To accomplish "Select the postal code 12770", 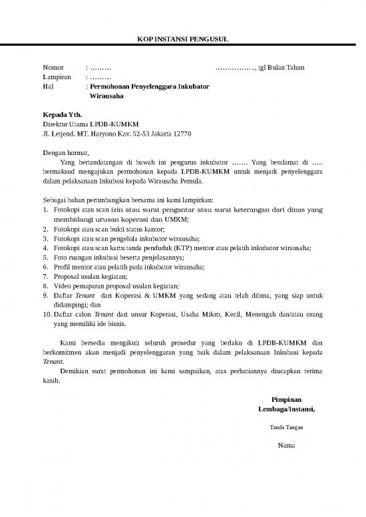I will tap(182, 134).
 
